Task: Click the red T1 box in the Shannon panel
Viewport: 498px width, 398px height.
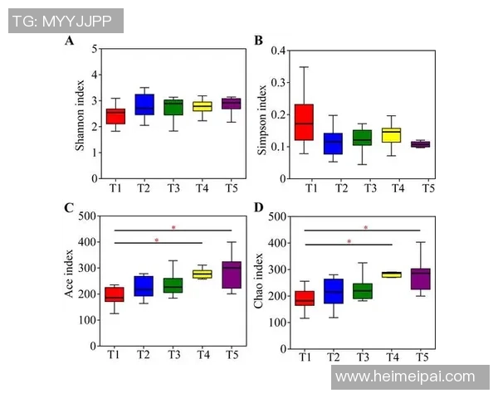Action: [x=115, y=116]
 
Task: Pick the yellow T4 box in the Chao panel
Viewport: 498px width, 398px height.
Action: [x=391, y=274]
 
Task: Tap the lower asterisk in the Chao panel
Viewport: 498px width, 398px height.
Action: [x=349, y=241]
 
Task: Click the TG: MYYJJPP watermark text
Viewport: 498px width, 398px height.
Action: [x=63, y=21]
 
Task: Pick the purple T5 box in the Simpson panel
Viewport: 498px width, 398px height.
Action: [x=421, y=143]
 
